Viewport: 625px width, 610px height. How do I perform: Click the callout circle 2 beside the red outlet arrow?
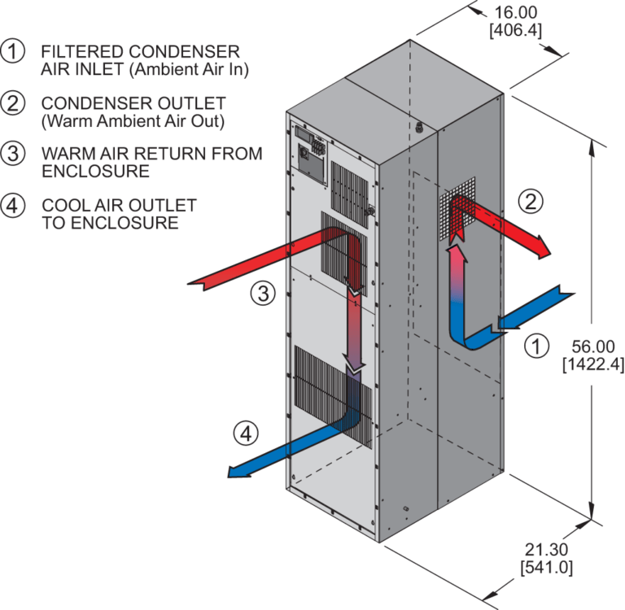[529, 203]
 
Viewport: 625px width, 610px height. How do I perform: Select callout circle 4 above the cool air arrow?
[245, 434]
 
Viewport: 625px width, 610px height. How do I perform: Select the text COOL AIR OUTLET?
[119, 205]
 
